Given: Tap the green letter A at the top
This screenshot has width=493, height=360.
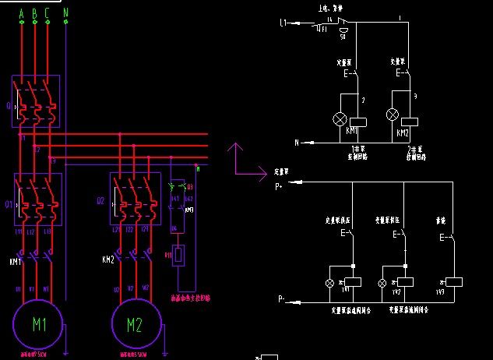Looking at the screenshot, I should pyautogui.click(x=21, y=13).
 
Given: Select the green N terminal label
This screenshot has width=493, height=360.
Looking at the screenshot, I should pyautogui.click(x=65, y=13).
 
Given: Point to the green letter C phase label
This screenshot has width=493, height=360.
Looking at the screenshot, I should pyautogui.click(x=48, y=13).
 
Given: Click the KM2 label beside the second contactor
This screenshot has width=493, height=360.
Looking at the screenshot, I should pyautogui.click(x=109, y=258).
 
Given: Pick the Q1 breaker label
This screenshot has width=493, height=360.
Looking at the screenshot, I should pyautogui.click(x=9, y=206).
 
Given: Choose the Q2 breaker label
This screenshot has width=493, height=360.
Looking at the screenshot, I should pyautogui.click(x=101, y=201).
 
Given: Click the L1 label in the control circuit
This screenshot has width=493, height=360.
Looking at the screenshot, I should pyautogui.click(x=284, y=24).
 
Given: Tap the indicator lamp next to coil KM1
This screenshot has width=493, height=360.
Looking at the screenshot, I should pyautogui.click(x=340, y=119).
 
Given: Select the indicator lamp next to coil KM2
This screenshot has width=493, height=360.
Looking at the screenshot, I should pyautogui.click(x=393, y=115).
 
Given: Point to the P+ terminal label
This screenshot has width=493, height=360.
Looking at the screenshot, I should pyautogui.click(x=280, y=187).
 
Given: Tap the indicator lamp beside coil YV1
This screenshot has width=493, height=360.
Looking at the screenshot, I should pyautogui.click(x=329, y=281).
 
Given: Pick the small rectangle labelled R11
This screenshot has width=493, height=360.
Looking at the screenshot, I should pyautogui.click(x=179, y=255).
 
